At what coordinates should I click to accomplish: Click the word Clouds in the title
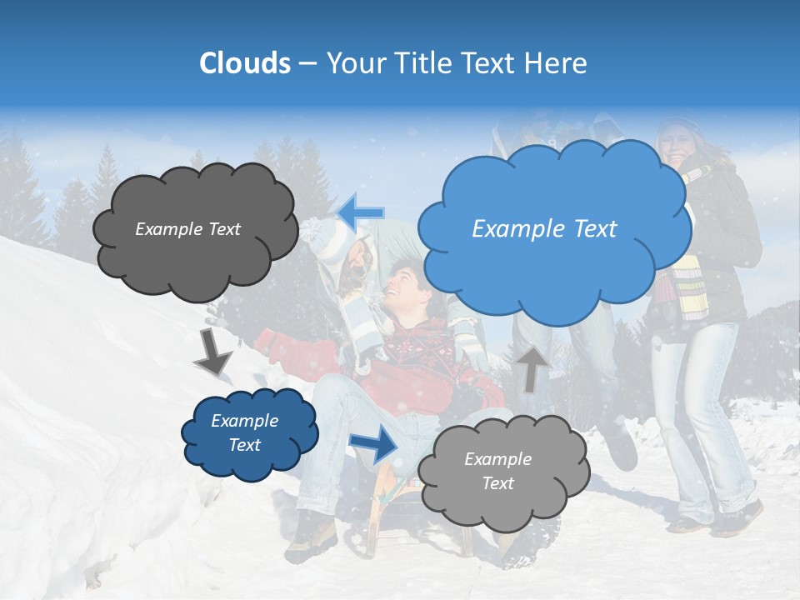[x=245, y=63]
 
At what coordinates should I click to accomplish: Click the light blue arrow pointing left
[x=361, y=212]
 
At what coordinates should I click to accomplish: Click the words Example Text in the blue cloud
[x=544, y=228]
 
